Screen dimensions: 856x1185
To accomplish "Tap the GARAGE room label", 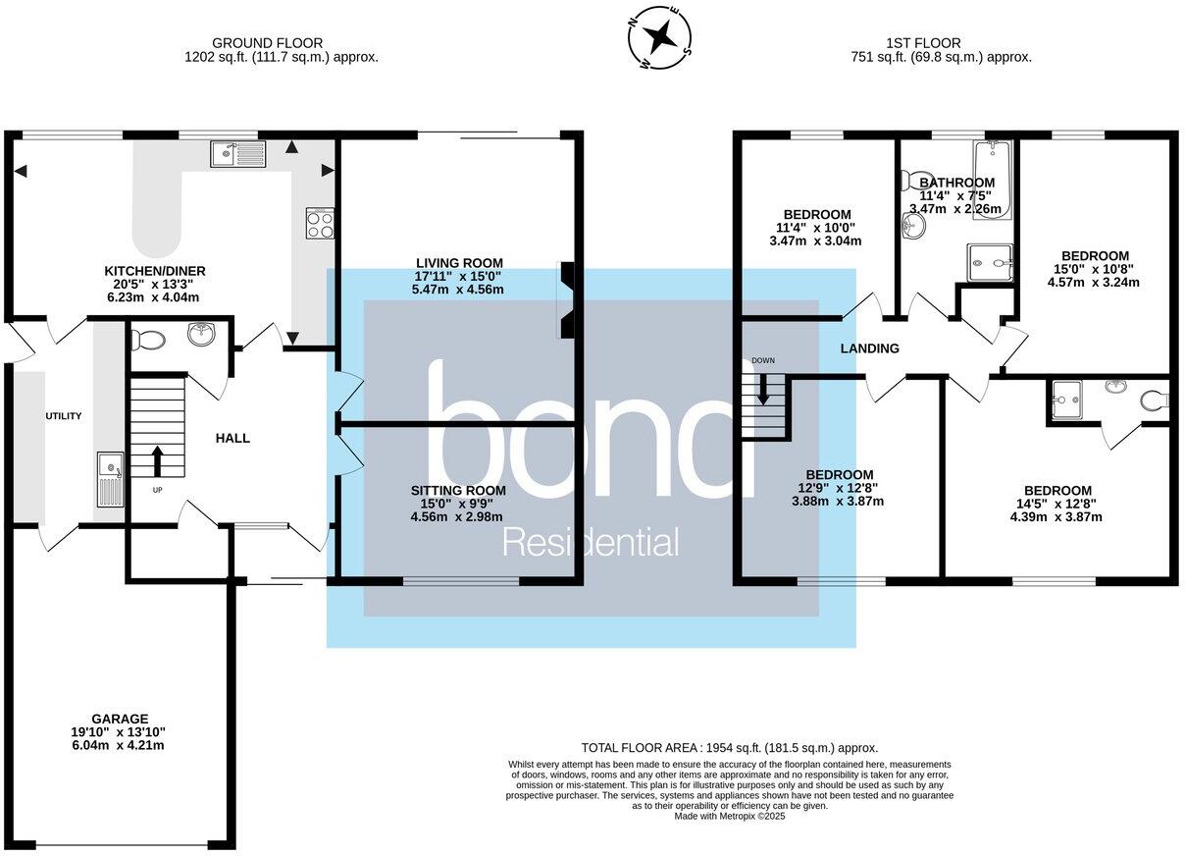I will click(x=121, y=718).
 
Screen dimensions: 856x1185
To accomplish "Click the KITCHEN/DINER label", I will click(x=155, y=270).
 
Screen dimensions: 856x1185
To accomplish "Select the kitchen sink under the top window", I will click(x=237, y=154).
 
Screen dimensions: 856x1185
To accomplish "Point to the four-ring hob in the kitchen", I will click(x=320, y=224).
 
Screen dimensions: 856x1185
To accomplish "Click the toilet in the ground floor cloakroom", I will click(x=148, y=340).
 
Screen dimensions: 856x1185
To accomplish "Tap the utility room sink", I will click(x=110, y=478).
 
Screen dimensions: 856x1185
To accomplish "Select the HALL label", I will click(x=232, y=438).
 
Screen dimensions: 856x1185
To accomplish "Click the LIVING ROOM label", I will click(x=459, y=262).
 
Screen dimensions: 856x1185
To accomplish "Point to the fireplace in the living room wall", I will click(x=568, y=300).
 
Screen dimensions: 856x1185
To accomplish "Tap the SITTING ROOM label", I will click(x=458, y=490).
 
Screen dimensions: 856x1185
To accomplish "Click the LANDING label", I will click(x=869, y=348).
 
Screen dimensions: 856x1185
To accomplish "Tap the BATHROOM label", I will click(x=956, y=183).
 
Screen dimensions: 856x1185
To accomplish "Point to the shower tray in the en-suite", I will click(x=1065, y=401).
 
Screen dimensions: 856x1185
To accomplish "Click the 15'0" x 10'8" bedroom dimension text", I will click(x=1094, y=269).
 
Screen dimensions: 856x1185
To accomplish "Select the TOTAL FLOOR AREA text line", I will click(x=729, y=747).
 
